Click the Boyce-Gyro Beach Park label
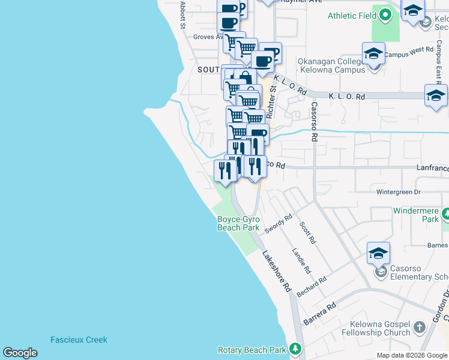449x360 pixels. coord(238,223)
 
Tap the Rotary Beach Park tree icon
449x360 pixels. coord(294,349)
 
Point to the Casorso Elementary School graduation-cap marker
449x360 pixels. coord(378,254)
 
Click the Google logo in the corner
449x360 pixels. coord(20,353)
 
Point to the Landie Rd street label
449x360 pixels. coord(298,258)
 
